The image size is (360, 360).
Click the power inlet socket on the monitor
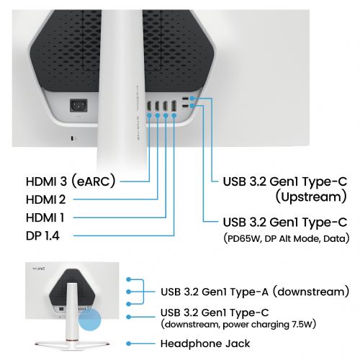pos(78,105)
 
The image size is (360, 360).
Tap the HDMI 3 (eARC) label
pos(71,181)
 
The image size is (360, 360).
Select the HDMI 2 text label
pos(45,199)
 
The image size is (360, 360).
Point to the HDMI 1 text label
pos(45,217)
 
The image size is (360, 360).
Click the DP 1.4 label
pos(42,235)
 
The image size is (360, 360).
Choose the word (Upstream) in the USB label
pos(311,197)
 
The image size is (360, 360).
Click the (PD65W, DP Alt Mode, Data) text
pos(287,238)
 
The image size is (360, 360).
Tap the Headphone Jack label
pos(205,343)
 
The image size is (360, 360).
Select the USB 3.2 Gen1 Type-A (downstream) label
pos(255,292)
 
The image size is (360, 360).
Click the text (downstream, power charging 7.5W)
pos(238,325)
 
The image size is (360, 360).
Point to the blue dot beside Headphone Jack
pos(129,343)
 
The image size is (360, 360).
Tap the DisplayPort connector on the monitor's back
pos(174,107)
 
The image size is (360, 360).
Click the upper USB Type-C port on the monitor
pos(185,99)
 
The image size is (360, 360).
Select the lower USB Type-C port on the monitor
pos(185,107)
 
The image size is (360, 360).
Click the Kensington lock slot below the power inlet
pos(73,138)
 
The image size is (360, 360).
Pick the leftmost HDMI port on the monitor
pos(149,106)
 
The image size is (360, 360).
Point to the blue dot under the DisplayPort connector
pos(174,116)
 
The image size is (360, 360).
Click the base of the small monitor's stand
pos(72,343)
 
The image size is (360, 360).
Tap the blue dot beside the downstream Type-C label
pos(129,317)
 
